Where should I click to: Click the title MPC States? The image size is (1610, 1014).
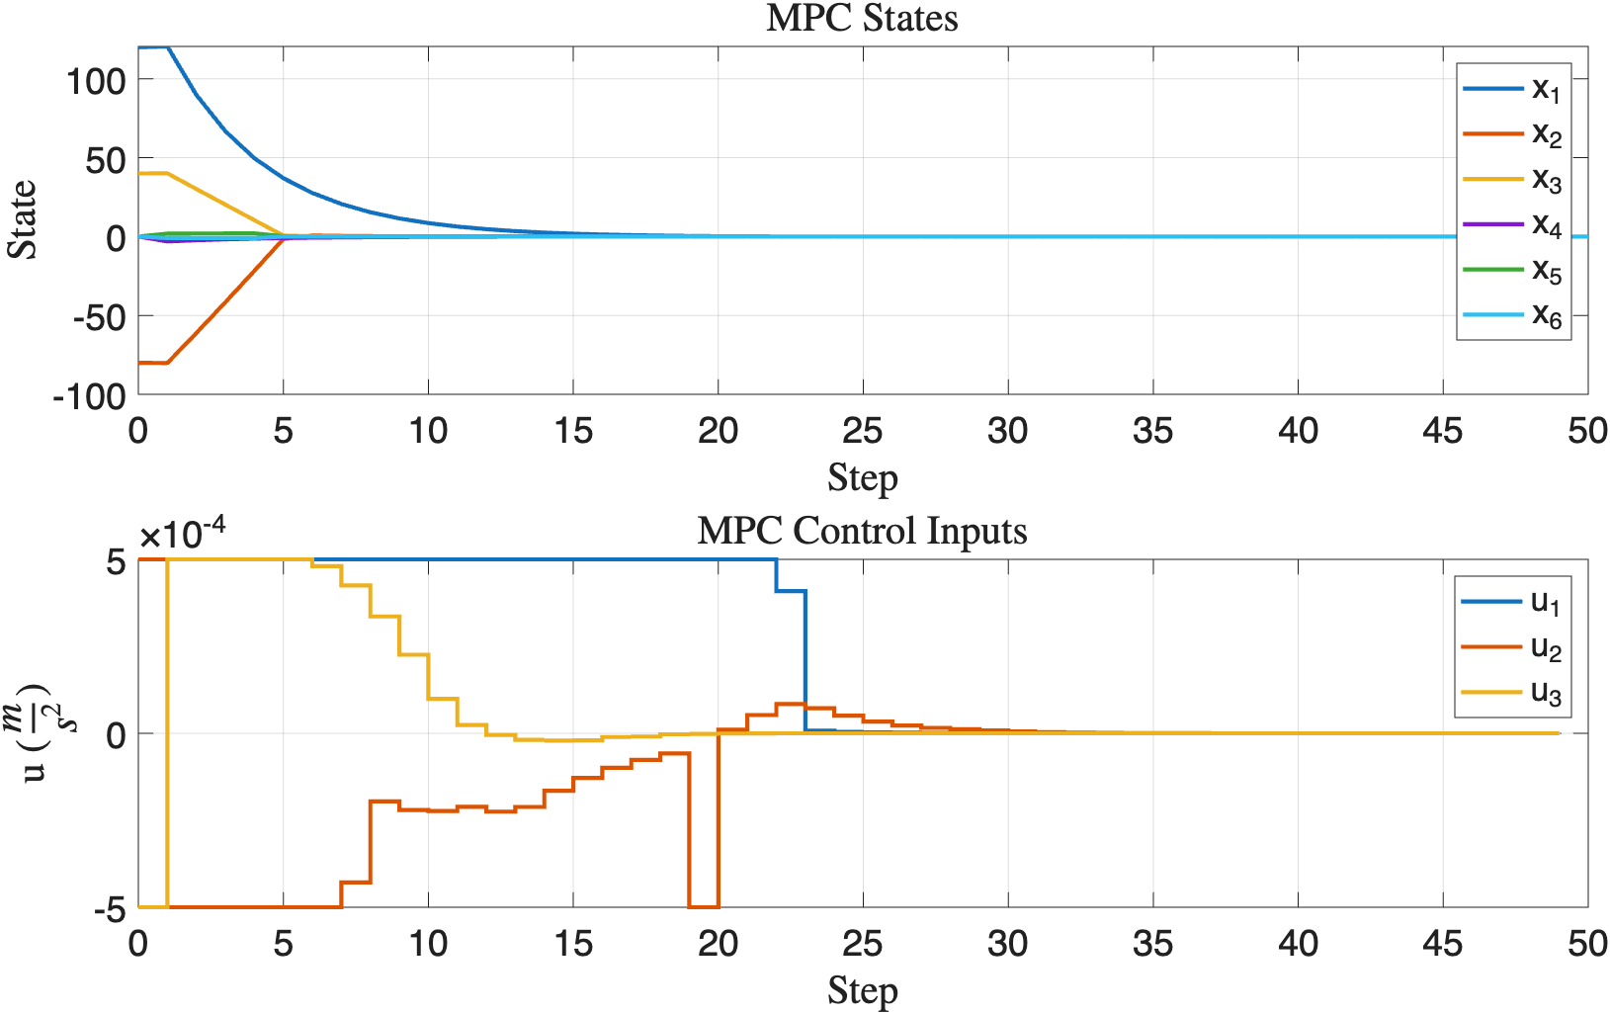pos(862,19)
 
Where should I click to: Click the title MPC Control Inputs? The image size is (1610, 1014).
pos(862,531)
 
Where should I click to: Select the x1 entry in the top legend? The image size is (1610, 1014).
pos(1512,89)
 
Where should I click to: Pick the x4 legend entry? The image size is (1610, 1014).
pos(1512,225)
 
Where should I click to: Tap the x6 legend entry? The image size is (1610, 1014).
pos(1512,315)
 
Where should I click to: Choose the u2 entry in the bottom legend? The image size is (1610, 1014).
pos(1510,647)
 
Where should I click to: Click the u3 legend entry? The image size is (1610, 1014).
pos(1510,692)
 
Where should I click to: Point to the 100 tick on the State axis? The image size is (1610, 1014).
pos(96,80)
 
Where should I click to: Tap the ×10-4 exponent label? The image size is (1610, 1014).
pos(182,534)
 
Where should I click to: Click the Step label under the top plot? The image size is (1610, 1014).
pos(862,478)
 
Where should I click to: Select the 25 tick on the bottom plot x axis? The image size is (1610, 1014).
pos(862,944)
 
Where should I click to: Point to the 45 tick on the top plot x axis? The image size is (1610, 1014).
pos(1442,431)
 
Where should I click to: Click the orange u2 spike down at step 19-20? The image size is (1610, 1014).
pos(703,905)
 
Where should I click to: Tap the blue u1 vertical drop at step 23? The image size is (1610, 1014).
pos(805,662)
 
